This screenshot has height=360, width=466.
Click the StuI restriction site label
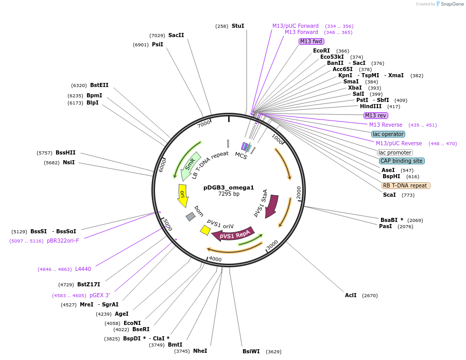coord(237,26)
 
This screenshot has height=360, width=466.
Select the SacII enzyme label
coord(176,36)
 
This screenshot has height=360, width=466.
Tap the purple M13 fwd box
coord(311,41)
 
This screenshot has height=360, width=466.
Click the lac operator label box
coord(388,134)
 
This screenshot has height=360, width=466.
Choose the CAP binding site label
coord(402,161)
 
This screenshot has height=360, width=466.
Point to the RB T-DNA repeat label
coord(405,185)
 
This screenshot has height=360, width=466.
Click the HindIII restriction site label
coord(371,106)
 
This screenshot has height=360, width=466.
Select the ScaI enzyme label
coord(389,195)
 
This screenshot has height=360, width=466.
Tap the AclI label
coord(351,295)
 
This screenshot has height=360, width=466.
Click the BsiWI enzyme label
coord(251,351)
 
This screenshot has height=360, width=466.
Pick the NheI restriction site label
coord(200,351)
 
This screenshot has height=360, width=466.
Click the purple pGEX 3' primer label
coord(100,295)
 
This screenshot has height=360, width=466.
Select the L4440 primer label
coord(83,269)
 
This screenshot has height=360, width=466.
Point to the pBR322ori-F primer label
coord(63,241)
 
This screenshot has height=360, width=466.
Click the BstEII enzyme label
coord(99,85)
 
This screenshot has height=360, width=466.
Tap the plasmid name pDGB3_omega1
coord(229,187)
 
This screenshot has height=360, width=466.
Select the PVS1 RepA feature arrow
coord(234,235)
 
